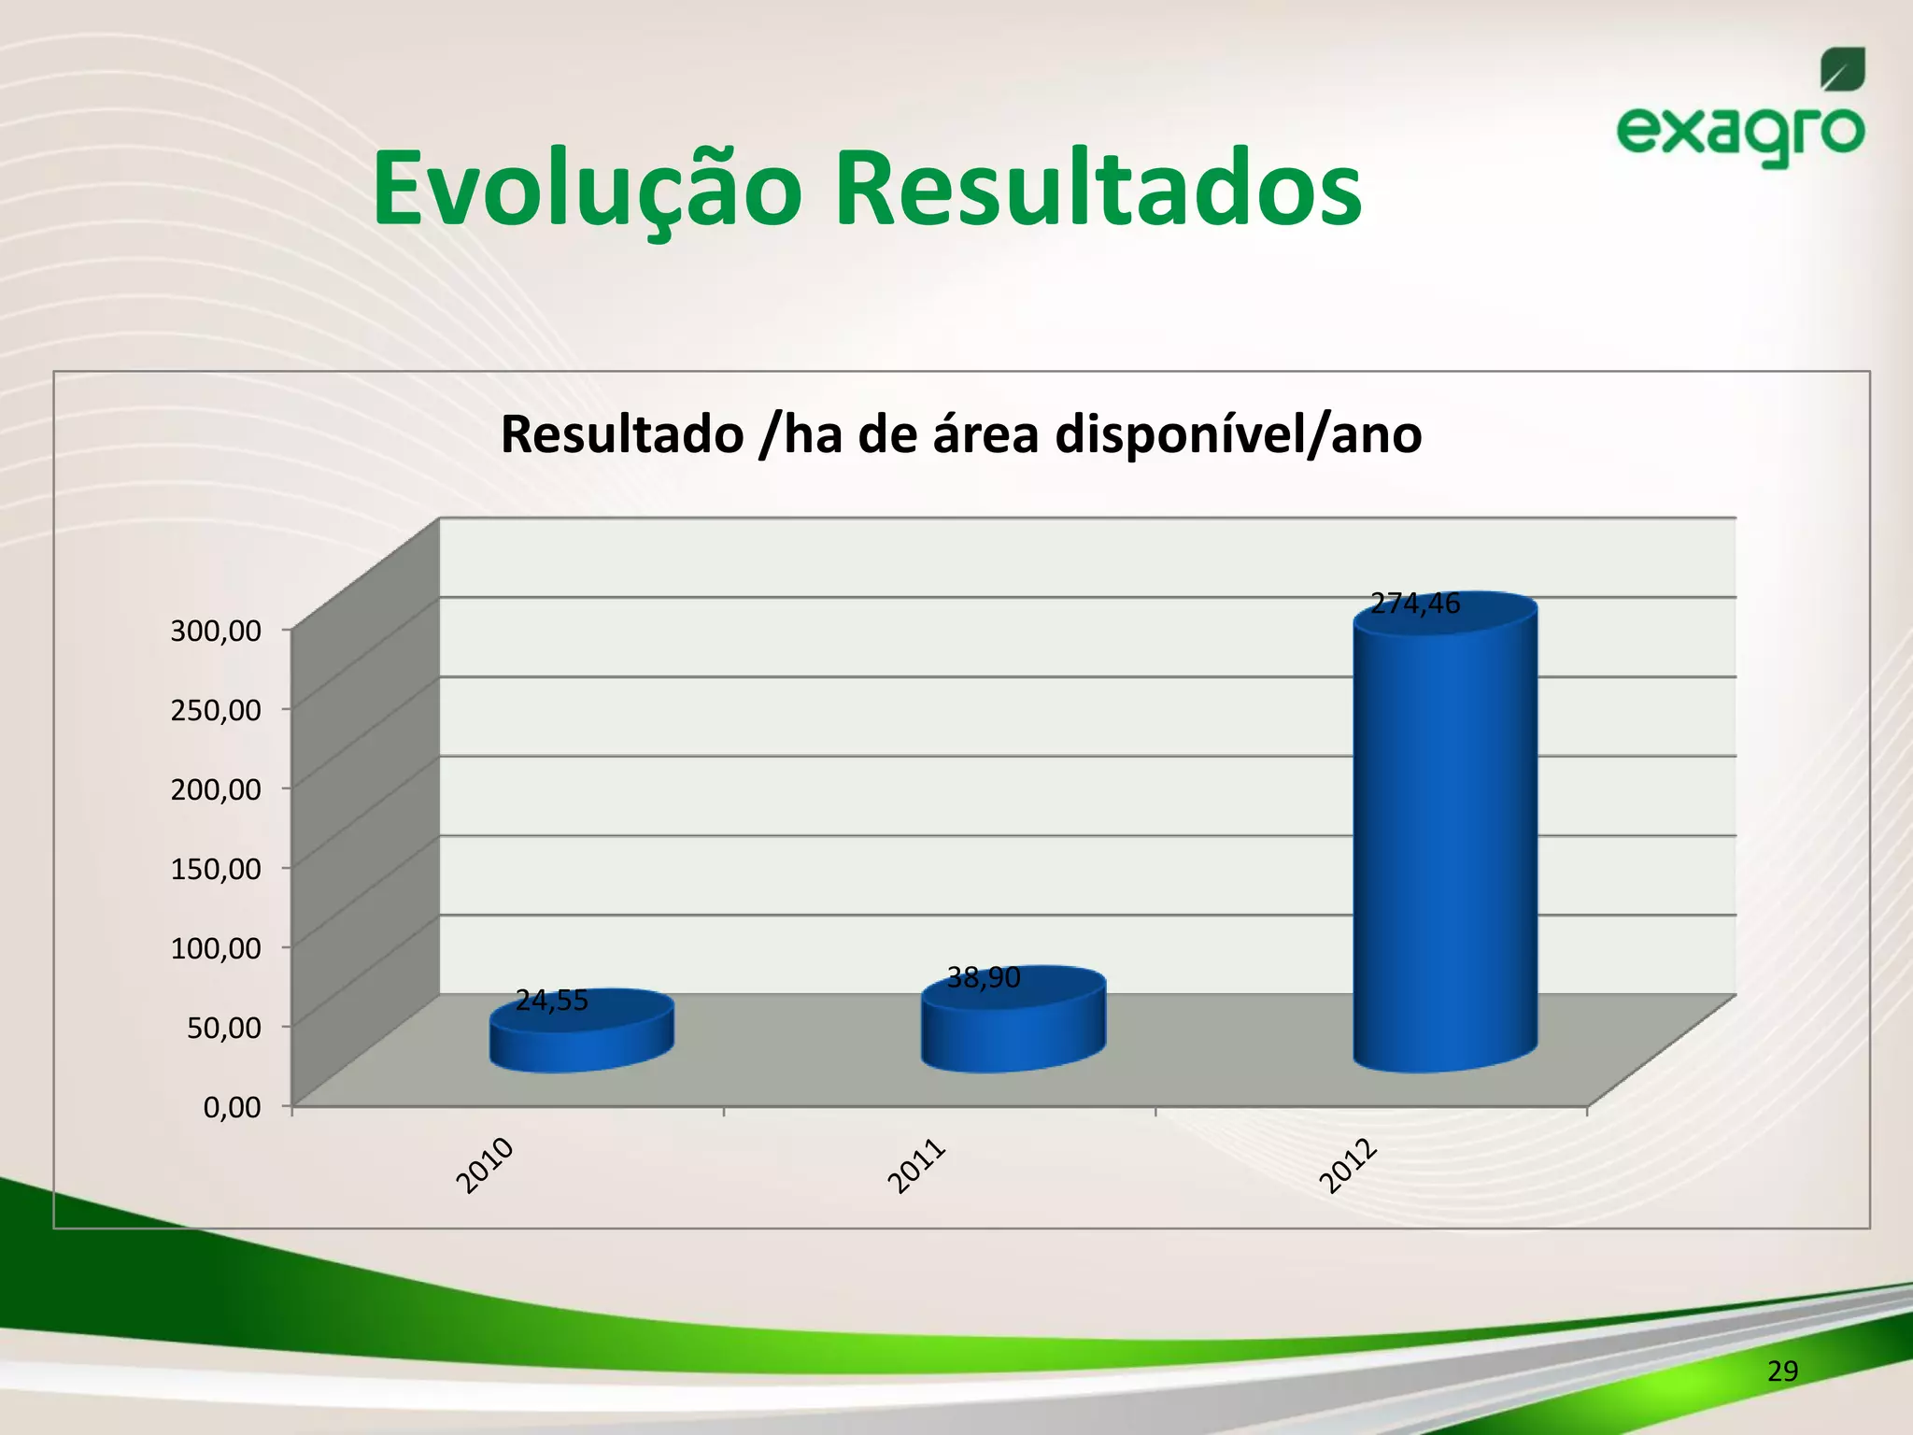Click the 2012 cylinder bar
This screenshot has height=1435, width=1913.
[x=1445, y=841]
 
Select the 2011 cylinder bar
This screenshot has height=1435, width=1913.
[x=1013, y=1028]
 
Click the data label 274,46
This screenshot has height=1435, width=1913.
[x=1415, y=604]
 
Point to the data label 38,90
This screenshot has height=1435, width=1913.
[x=984, y=978]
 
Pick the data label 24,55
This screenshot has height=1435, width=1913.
[x=552, y=1001]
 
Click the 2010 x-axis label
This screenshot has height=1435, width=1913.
[x=485, y=1165]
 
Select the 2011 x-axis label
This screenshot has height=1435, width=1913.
[x=916, y=1166]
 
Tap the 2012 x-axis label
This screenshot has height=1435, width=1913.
[x=1348, y=1166]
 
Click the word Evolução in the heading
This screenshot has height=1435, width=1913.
[x=587, y=190]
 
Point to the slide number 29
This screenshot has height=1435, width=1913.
[x=1782, y=1371]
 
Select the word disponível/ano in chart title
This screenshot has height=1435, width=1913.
[x=1238, y=434]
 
